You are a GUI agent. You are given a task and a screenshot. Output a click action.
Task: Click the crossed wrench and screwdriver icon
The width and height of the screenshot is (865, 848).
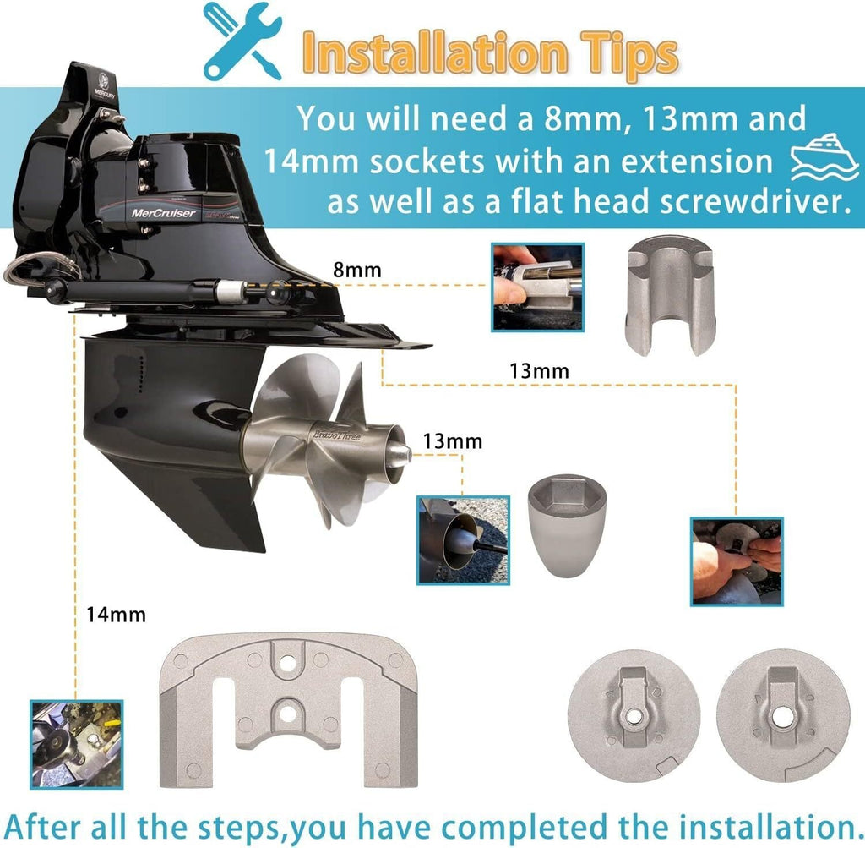(x=242, y=41)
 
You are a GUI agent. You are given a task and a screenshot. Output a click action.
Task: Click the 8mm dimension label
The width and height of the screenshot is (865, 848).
(x=357, y=270)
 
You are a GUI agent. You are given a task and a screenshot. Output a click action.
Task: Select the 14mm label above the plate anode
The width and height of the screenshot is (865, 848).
(x=116, y=615)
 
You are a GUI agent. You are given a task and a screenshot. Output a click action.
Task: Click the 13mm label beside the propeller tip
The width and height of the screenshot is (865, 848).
(x=453, y=441)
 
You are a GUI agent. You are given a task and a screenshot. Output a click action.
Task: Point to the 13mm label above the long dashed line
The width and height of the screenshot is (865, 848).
(x=539, y=370)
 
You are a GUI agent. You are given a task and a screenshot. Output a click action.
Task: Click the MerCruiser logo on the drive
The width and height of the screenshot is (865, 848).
(x=163, y=213)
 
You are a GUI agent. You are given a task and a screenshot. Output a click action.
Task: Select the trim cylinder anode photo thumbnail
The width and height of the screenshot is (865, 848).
(x=537, y=287)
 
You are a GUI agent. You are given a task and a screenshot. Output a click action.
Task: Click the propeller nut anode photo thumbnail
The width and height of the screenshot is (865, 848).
(x=463, y=540)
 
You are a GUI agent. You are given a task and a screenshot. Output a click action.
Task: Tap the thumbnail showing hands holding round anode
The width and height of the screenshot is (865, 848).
(x=737, y=561)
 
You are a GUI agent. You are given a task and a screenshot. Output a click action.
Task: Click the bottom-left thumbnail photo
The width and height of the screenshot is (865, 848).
(x=77, y=744)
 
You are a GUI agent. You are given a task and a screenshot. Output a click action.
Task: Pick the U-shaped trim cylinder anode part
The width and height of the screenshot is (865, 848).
(x=670, y=295)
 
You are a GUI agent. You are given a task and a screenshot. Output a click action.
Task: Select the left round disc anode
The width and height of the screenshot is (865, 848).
(x=634, y=716)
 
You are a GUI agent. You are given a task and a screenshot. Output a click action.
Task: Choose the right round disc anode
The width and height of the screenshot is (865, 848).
(x=783, y=716)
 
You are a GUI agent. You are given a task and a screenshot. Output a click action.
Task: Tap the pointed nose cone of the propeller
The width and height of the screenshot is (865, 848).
(x=399, y=454)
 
